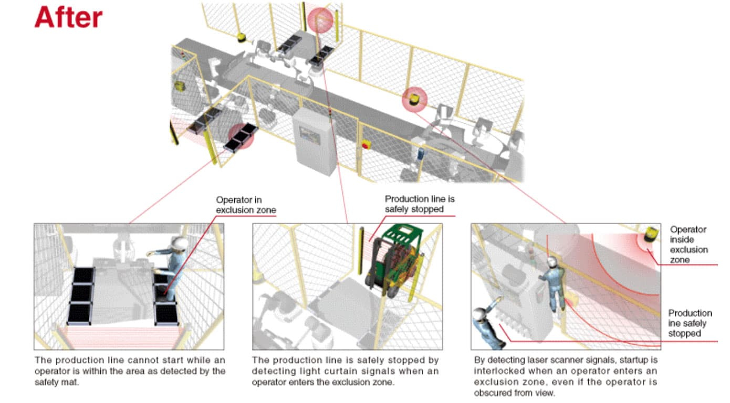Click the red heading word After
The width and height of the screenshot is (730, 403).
click(68, 17)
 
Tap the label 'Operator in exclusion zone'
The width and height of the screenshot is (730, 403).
click(246, 205)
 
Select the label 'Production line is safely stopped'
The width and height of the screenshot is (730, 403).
click(420, 204)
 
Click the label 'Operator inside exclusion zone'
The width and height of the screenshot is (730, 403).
click(689, 245)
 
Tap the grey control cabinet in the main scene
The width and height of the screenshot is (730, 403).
click(314, 142)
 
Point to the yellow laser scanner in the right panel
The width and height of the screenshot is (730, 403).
click(651, 234)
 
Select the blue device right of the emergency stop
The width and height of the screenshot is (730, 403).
click(420, 154)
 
